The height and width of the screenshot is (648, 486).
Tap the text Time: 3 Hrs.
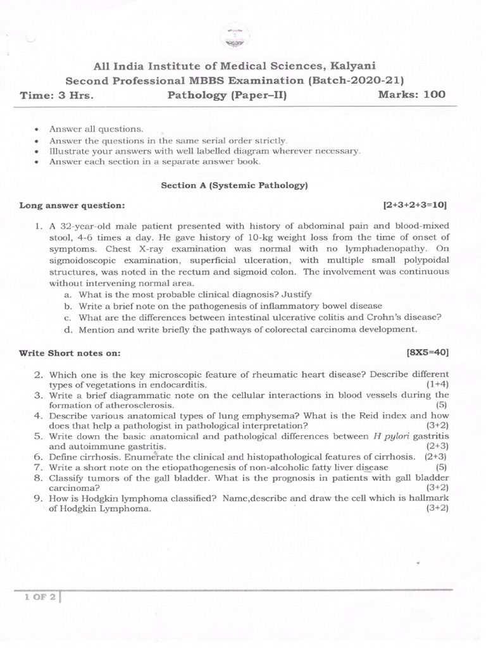57,96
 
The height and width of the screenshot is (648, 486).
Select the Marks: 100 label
411,95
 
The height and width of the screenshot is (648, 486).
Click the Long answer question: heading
72,206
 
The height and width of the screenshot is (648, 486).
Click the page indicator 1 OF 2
37,596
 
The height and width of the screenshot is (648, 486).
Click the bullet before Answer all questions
39,128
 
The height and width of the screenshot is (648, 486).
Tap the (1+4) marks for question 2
437,384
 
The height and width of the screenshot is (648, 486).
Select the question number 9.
38,499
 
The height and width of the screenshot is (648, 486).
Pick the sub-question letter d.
68,329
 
